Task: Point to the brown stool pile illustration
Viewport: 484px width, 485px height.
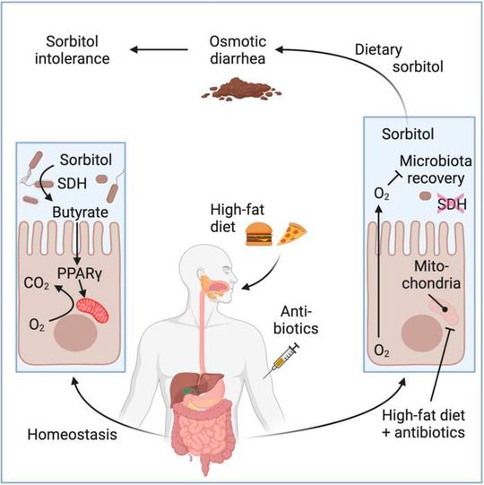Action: (234, 87)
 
